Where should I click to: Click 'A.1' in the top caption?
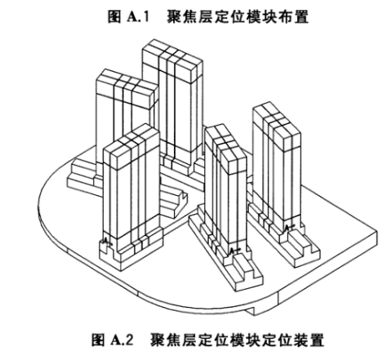(138, 17)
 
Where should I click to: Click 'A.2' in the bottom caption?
(122, 340)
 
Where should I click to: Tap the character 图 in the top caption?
(114, 17)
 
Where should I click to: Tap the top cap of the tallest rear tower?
(172, 61)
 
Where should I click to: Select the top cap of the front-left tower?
(131, 145)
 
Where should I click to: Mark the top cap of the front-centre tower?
(225, 149)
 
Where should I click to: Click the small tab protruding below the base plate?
(251, 311)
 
